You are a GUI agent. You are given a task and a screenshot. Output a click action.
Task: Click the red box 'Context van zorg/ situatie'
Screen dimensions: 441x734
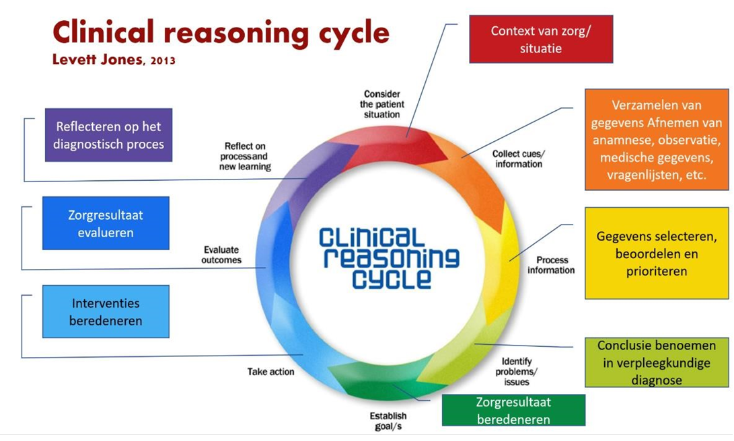point(541,39)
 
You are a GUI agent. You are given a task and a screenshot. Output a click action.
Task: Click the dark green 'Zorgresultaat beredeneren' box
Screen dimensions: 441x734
point(513,410)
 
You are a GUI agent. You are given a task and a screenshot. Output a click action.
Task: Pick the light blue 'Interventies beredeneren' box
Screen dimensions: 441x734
point(106,311)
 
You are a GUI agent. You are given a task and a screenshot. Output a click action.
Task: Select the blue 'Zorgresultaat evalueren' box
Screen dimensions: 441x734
point(106,224)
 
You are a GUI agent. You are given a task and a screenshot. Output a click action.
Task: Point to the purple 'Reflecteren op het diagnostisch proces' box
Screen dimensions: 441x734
point(108,135)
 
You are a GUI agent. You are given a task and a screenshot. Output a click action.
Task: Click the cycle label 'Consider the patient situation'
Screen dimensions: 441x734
point(382,104)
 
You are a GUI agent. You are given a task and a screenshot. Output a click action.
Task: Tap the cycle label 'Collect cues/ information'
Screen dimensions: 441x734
point(519,159)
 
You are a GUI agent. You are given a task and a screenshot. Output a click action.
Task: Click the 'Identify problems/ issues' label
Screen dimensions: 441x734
point(516,372)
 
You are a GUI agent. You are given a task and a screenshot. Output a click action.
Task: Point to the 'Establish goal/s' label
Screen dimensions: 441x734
point(388,420)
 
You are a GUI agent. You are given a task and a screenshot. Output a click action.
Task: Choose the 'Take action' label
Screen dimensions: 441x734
point(270,372)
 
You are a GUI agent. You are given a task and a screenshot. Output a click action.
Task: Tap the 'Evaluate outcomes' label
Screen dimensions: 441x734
point(221,255)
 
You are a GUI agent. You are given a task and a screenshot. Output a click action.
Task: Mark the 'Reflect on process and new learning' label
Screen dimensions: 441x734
point(245,156)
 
